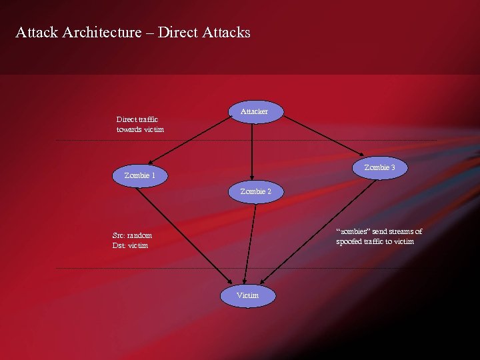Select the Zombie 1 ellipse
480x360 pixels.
(x=140, y=176)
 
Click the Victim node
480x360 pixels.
(x=247, y=295)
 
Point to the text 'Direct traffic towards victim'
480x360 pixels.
(x=140, y=124)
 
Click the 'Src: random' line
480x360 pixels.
(x=132, y=235)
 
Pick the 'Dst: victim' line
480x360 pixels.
(x=130, y=245)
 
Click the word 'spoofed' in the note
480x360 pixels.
(x=351, y=241)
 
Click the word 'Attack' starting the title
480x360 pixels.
(x=37, y=32)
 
